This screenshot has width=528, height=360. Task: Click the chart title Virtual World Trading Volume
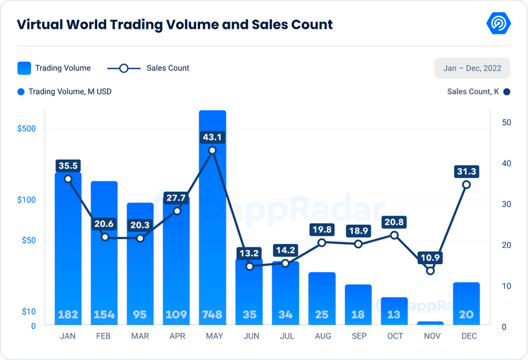click(x=174, y=25)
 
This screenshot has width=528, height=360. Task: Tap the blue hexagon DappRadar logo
click(x=498, y=24)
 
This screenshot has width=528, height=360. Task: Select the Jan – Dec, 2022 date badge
click(x=472, y=68)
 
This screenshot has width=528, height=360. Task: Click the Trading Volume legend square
click(x=24, y=68)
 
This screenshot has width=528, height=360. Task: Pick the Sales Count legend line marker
click(x=124, y=68)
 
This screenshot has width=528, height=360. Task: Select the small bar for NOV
click(x=430, y=322)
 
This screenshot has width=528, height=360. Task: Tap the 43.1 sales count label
click(x=212, y=137)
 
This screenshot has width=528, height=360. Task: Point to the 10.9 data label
click(x=430, y=258)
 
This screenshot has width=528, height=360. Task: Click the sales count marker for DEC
click(x=467, y=185)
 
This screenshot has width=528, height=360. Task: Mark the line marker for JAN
click(x=68, y=179)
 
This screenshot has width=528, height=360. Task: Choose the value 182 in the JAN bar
click(x=68, y=315)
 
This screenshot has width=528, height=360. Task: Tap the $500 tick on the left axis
click(x=27, y=128)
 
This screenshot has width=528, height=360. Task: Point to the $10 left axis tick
click(x=28, y=311)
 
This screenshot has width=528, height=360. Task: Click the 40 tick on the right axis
click(x=507, y=163)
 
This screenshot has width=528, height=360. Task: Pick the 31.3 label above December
click(x=467, y=171)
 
